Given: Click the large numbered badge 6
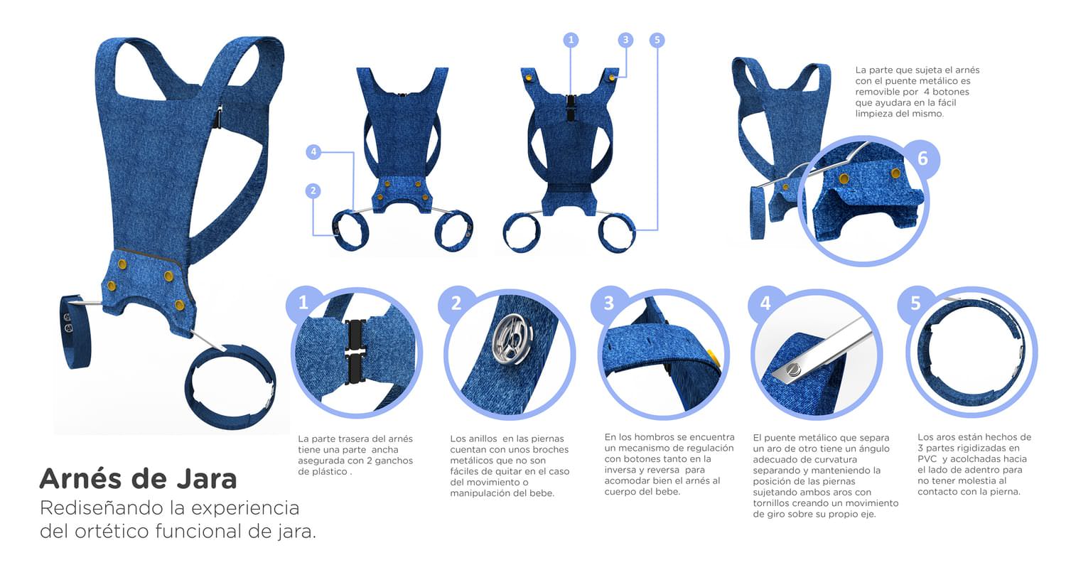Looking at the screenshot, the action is [x=922, y=158].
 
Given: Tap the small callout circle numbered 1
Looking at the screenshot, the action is [x=571, y=40].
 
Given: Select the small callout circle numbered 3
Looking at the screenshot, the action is [x=626, y=40].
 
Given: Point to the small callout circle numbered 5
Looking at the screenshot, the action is [x=657, y=40].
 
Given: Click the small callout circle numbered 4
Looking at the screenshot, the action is [x=313, y=152].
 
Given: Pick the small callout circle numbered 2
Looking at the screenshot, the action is [x=313, y=190].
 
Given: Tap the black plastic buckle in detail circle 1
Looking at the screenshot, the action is [x=355, y=352].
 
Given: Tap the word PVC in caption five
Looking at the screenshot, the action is [x=926, y=459].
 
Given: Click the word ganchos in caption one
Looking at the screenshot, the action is [x=394, y=461].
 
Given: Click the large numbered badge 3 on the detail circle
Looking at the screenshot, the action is [x=608, y=303].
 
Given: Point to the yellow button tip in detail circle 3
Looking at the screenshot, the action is [x=714, y=357].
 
